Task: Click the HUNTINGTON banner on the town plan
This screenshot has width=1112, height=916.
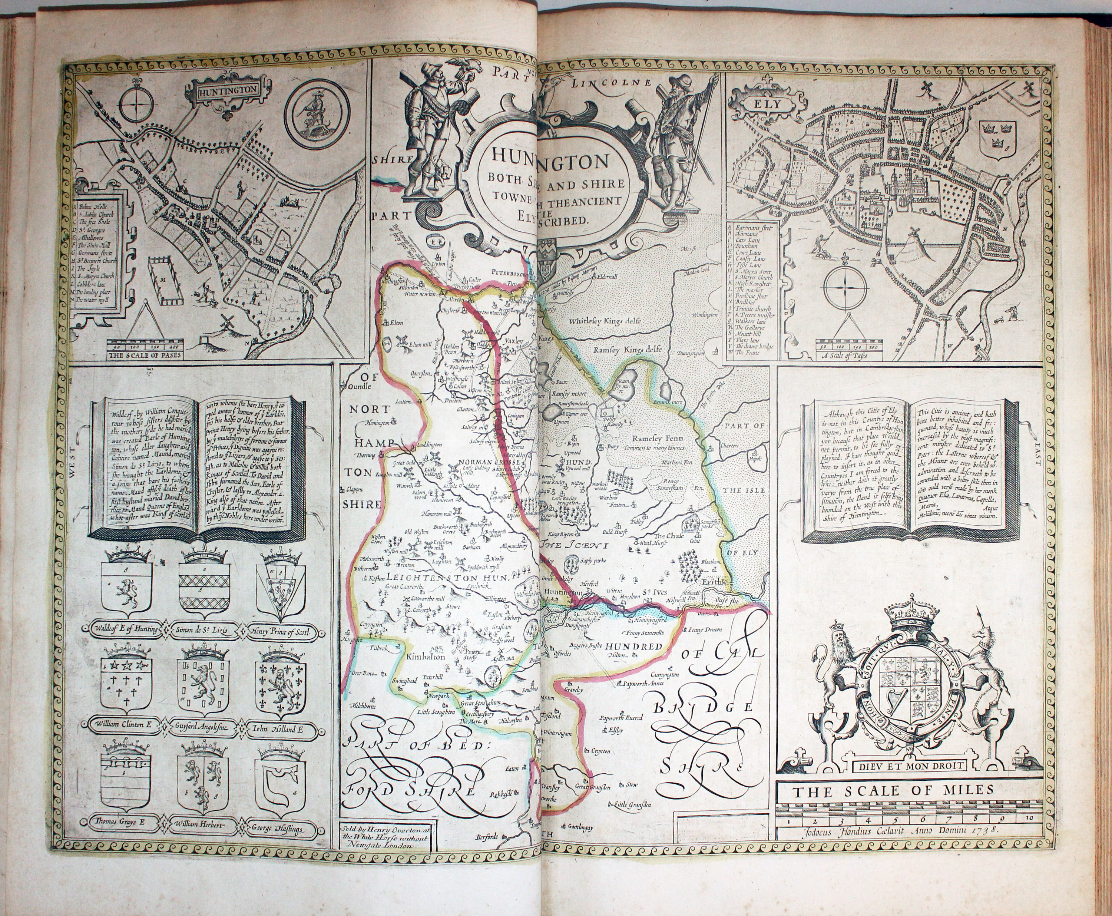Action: click(x=229, y=89)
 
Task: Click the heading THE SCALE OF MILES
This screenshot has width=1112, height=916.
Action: click(x=894, y=790)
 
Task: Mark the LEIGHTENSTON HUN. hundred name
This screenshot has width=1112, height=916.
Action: click(x=450, y=578)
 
